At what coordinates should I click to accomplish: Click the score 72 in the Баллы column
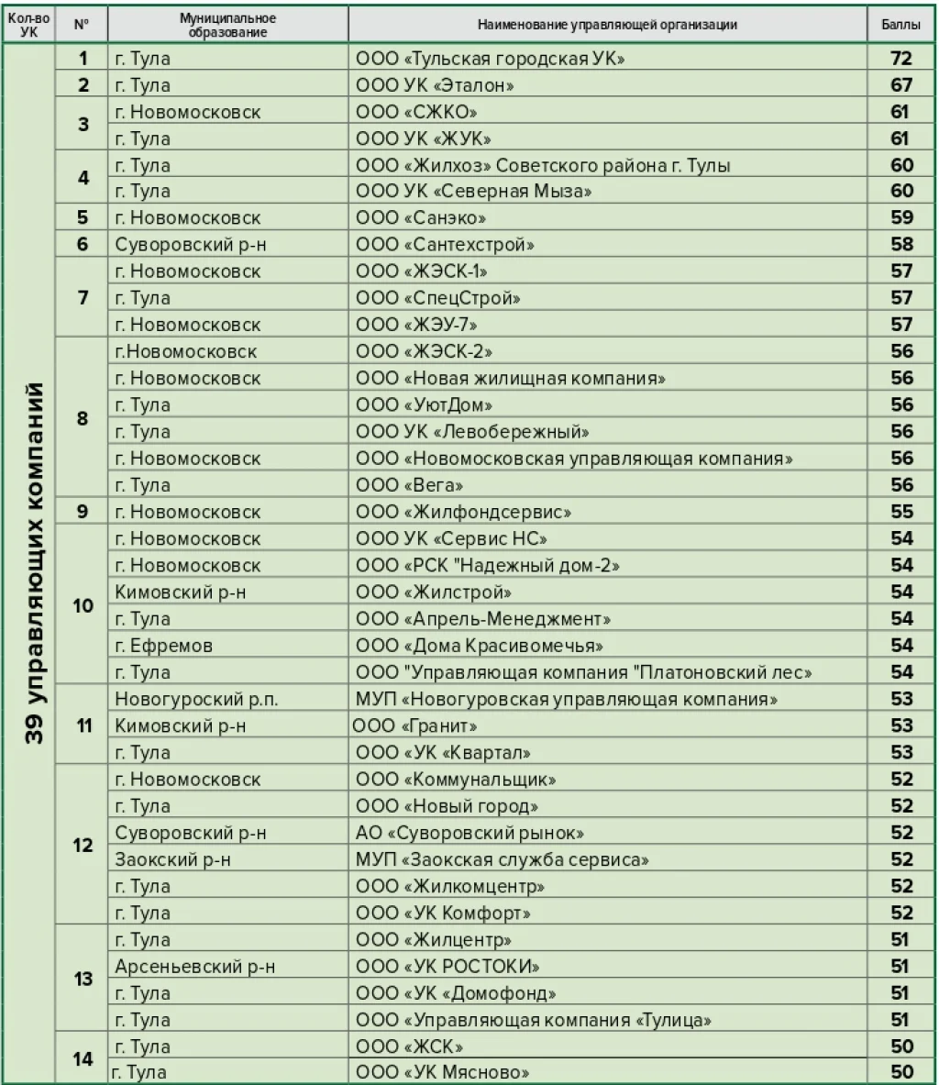[x=901, y=59]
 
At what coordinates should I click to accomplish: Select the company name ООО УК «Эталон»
[x=434, y=85]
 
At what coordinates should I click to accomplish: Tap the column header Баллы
[x=901, y=26]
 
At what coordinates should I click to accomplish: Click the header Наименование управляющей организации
[x=607, y=26]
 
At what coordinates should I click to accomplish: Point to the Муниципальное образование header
[x=227, y=26]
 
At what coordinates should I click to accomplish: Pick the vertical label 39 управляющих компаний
[x=34, y=564]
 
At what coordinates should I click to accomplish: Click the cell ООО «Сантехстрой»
[x=445, y=245]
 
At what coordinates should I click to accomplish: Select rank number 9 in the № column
[x=83, y=512]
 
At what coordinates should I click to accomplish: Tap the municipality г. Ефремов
[x=164, y=646]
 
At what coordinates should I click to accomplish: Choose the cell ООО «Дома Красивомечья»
[x=479, y=646]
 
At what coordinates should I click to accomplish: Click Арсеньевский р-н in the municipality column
[x=195, y=967]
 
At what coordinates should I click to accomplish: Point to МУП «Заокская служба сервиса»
[x=503, y=859]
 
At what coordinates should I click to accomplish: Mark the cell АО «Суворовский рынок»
[x=469, y=833]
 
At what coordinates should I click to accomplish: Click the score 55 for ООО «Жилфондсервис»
[x=901, y=512]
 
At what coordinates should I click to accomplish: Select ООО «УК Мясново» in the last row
[x=442, y=1072]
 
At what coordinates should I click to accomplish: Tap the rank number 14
[x=83, y=1059]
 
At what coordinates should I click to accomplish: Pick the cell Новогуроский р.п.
[x=196, y=699]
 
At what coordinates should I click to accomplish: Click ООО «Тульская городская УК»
[x=490, y=59]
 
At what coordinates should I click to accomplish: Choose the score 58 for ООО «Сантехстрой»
[x=901, y=245]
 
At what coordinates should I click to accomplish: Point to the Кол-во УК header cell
[x=28, y=26]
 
